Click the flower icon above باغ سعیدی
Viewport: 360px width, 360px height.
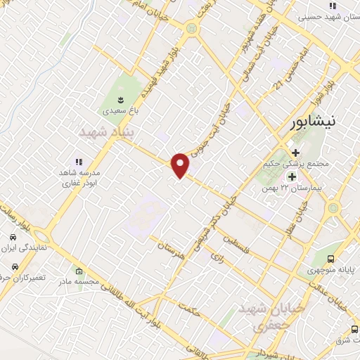(x=116, y=97)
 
